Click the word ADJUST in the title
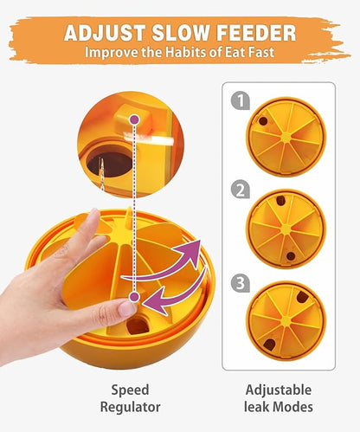(x=105, y=33)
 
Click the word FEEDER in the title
(x=256, y=33)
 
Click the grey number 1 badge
(x=240, y=100)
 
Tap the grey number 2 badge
(x=240, y=190)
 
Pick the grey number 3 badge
(x=240, y=283)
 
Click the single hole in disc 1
(x=263, y=121)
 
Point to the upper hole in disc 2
(x=280, y=201)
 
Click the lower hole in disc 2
(x=291, y=256)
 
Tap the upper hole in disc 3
(x=302, y=297)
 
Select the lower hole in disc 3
(x=269, y=345)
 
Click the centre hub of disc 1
(x=286, y=138)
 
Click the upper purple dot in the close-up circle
(x=135, y=119)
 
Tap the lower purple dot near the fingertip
(x=134, y=297)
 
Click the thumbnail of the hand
(x=126, y=307)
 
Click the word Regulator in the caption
(x=130, y=407)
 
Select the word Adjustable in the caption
(x=279, y=390)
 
